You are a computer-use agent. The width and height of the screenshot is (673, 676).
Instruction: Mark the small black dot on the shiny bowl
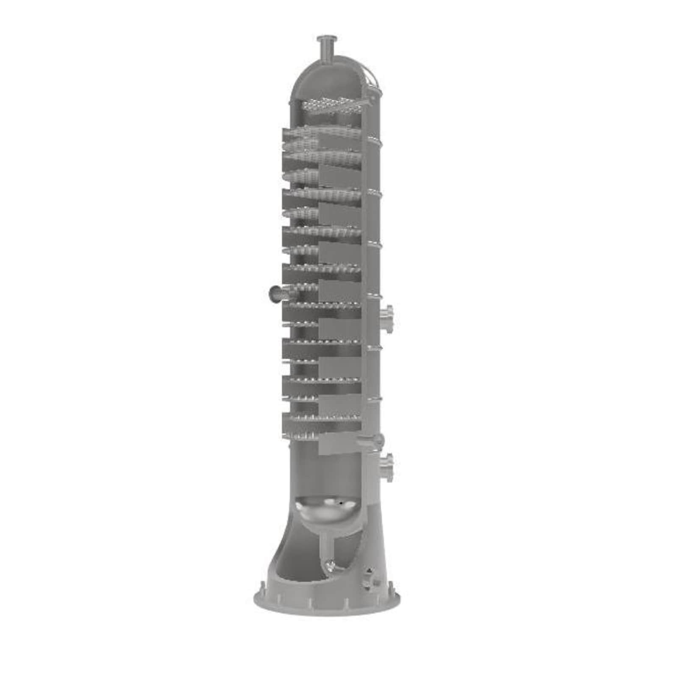coord(340,504)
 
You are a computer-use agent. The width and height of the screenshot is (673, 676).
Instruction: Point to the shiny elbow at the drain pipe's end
coord(330,566)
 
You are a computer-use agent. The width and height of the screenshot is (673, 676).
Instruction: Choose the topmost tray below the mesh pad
coord(322,132)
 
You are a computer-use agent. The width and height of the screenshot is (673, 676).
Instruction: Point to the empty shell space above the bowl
coord(326,471)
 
